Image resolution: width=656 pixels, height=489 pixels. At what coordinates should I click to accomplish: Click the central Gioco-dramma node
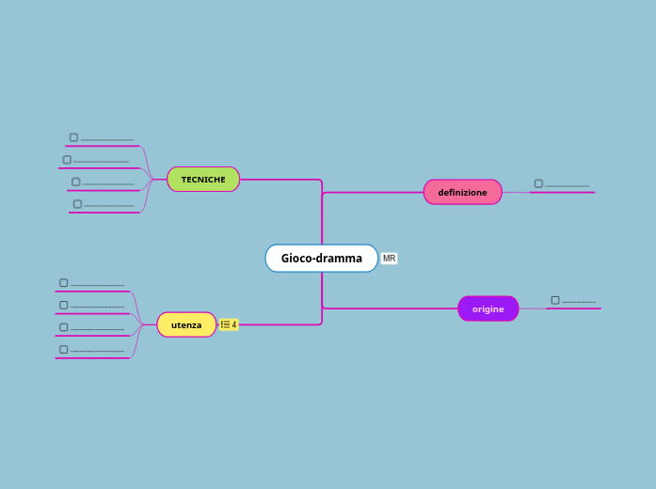coord(321,258)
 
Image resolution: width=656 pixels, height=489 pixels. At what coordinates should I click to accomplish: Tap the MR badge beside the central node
coord(389,259)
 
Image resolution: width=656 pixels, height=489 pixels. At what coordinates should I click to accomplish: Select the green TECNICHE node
coord(203,179)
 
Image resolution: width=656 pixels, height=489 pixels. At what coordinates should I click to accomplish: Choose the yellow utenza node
coord(186,324)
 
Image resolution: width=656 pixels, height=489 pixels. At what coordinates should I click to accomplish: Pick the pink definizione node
coord(462,192)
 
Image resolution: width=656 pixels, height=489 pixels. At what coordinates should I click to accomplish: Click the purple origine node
coord(488,308)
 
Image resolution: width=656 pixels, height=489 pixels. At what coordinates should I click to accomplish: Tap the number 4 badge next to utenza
coord(229,324)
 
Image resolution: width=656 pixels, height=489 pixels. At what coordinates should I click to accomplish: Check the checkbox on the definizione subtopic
coord(538,183)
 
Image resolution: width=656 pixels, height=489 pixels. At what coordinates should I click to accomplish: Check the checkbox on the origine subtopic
coord(555,300)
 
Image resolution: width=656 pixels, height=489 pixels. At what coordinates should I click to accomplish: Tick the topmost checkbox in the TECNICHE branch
coord(73,137)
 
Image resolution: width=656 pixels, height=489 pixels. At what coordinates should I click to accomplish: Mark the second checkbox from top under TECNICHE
coord(67,160)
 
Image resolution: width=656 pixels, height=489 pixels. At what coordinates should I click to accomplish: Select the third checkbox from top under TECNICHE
coord(75,181)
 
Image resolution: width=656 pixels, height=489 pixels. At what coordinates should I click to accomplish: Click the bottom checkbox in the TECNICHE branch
coord(77,204)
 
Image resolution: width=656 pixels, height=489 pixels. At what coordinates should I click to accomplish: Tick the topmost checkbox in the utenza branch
coord(64,282)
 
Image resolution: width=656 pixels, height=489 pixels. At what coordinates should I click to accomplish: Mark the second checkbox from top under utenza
coord(64,305)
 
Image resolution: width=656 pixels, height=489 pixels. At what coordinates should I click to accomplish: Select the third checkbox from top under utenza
coord(64,327)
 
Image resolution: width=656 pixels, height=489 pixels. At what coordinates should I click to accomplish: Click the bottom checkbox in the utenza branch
coord(64,349)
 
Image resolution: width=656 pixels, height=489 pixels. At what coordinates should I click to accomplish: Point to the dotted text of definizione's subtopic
coord(567,185)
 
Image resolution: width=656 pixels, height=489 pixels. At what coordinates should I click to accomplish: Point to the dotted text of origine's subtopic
coord(578,302)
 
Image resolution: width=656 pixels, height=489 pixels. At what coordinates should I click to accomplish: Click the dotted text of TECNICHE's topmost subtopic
coord(107,139)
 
